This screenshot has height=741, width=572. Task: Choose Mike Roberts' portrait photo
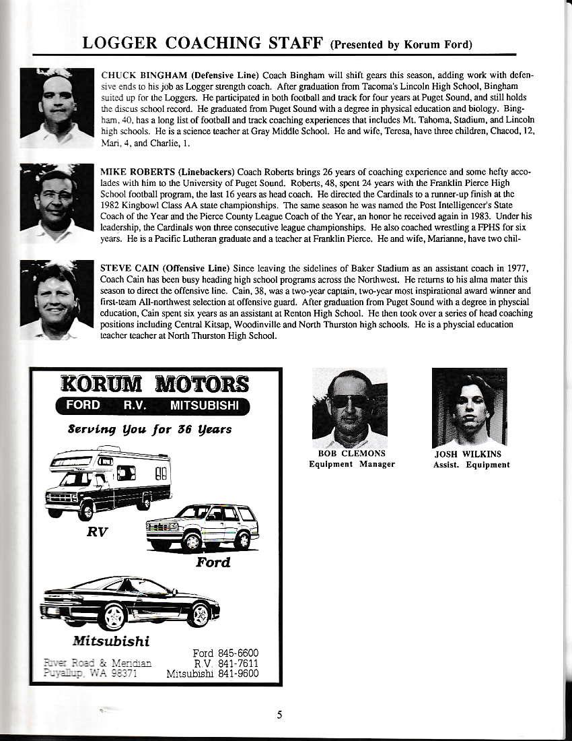point(57,203)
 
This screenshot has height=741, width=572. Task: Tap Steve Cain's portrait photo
point(57,300)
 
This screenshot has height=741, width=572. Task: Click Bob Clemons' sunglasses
point(349,401)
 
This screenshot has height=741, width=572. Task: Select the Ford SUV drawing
point(202,526)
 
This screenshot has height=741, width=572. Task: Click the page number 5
point(279,715)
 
